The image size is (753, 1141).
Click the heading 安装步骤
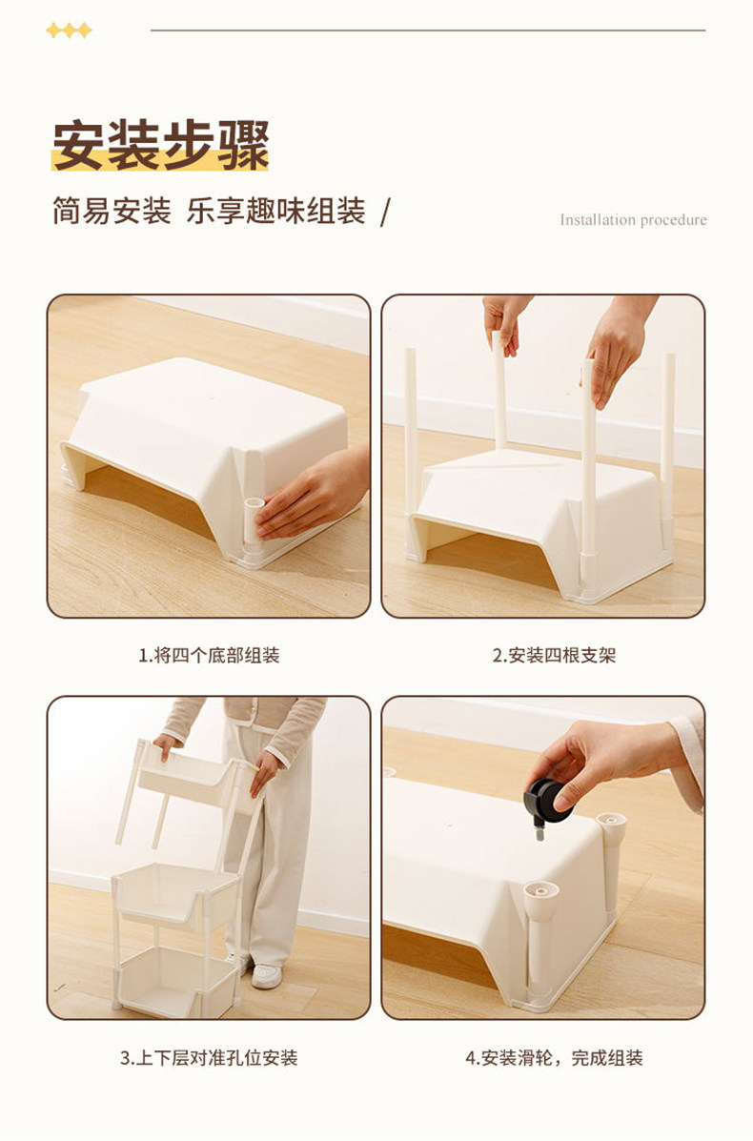pyautogui.click(x=161, y=146)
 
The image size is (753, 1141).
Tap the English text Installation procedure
pyautogui.click(x=633, y=220)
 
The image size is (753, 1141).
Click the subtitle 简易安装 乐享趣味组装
pyautogui.click(x=209, y=211)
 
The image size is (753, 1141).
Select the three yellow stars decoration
pyautogui.click(x=70, y=31)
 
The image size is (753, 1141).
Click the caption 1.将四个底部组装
pyautogui.click(x=209, y=655)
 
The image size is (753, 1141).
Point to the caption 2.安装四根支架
pyautogui.click(x=554, y=655)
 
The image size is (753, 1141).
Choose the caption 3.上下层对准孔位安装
pyautogui.click(x=209, y=1057)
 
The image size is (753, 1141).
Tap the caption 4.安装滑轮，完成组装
pyautogui.click(x=554, y=1057)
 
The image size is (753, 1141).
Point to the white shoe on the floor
pyautogui.click(x=266, y=975)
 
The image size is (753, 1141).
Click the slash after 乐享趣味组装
pyautogui.click(x=385, y=213)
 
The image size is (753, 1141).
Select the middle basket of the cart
pyautogui.click(x=178, y=895)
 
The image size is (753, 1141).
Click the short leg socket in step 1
pyautogui.click(x=254, y=521)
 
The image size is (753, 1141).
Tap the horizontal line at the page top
pyautogui.click(x=428, y=31)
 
